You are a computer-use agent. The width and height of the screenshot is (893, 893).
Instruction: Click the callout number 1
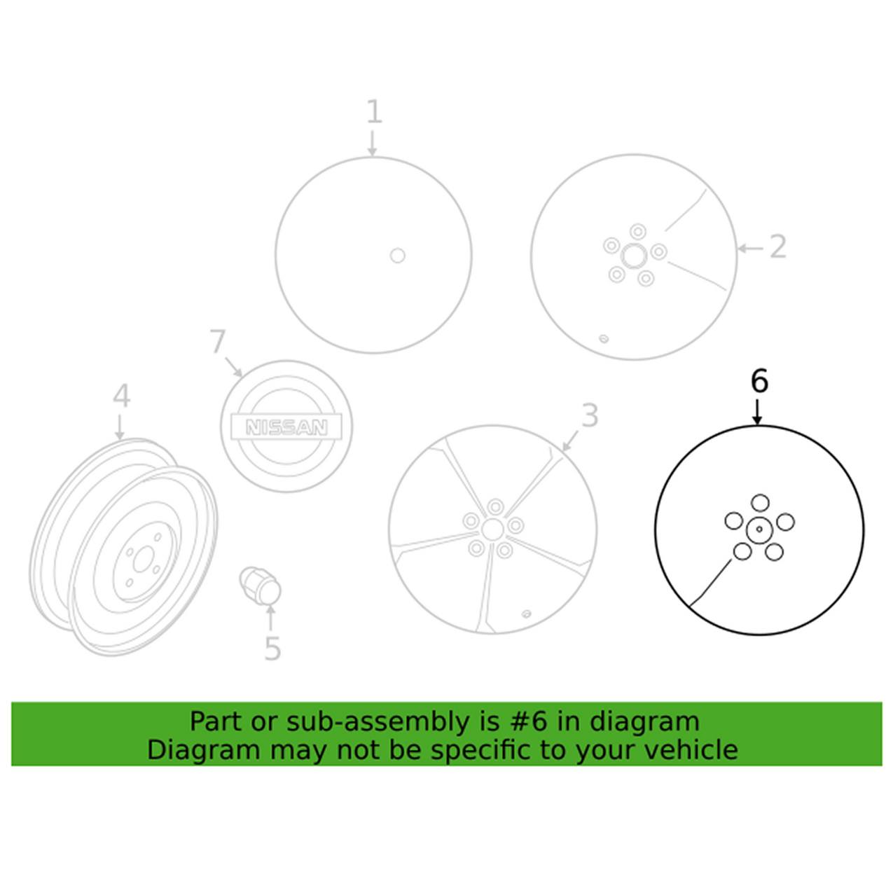tap(374, 113)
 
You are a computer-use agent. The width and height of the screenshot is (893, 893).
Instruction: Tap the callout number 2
tap(778, 247)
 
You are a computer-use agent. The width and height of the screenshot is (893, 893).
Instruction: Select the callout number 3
tap(590, 415)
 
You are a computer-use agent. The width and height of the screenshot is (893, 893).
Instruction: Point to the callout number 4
tap(123, 397)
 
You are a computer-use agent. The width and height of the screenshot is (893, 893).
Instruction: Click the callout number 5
tap(272, 649)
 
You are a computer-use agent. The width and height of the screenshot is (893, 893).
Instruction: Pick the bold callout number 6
tap(759, 383)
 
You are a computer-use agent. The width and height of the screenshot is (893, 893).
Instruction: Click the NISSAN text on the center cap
tap(286, 427)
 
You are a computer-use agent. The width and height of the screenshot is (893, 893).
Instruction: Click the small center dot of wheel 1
tap(397, 256)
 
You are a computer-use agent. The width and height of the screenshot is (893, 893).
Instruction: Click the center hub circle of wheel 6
tap(759, 529)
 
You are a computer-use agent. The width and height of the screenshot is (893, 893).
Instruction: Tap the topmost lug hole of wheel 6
tap(760, 503)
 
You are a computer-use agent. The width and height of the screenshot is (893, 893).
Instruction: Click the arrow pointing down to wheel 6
tap(758, 413)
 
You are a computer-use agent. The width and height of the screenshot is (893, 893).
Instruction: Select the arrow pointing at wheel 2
tap(750, 249)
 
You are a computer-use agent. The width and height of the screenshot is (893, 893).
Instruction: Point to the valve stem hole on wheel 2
tap(603, 339)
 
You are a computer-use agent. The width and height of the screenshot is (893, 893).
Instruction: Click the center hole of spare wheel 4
tap(141, 562)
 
